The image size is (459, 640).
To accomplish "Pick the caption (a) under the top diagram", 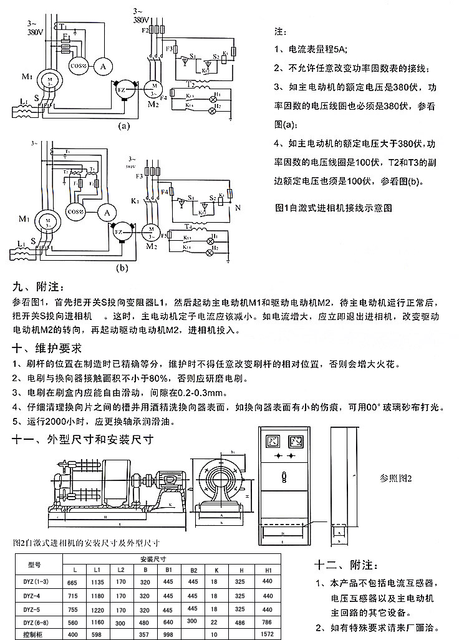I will pos(123,124).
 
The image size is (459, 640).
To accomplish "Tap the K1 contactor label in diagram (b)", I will pos(135,200).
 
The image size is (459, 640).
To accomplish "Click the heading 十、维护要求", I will pos(47,347).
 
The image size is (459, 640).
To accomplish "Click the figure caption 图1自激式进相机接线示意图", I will pos(334,206).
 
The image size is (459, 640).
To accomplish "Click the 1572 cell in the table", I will pos(268,634).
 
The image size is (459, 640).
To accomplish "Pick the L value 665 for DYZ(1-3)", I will pos(72,582).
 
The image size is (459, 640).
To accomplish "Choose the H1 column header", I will pos(268,570).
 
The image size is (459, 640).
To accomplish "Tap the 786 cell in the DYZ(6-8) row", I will pos(268,622).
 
